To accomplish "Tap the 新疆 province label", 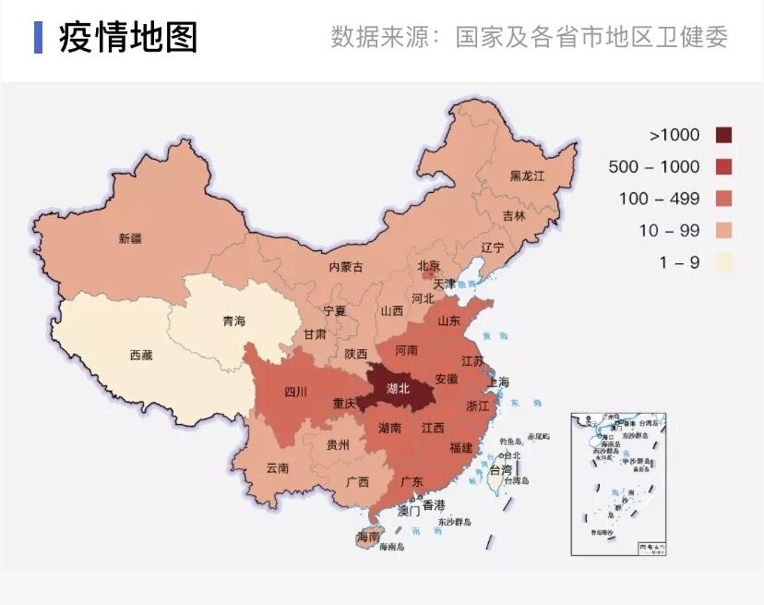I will click(x=130, y=238).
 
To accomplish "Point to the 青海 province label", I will click(x=234, y=321).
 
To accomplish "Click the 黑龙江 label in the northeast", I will click(x=529, y=175).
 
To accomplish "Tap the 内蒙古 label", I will click(x=346, y=267).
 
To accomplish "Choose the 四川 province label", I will click(x=295, y=391).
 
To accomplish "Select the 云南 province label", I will click(x=277, y=468).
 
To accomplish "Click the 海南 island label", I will click(x=367, y=537).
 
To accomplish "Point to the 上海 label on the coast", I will click(x=498, y=381).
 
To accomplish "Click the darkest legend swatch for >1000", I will click(x=723, y=135).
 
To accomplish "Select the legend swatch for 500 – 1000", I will click(x=723, y=167).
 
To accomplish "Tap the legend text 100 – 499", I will click(x=659, y=199).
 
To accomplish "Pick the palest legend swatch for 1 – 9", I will click(x=723, y=262).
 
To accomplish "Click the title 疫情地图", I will click(x=128, y=38).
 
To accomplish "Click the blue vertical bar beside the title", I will click(x=38, y=37).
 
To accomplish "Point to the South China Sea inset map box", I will click(x=618, y=484).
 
